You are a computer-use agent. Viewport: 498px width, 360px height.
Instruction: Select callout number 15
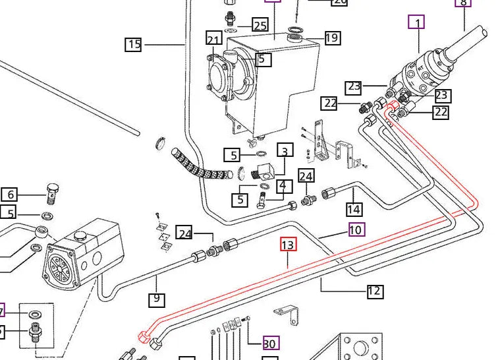point(134,44)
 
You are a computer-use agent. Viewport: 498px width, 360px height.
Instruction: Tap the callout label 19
point(332,38)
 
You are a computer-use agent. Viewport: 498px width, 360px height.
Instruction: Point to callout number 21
point(213,39)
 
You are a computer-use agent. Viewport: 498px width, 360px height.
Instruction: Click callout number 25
point(260,26)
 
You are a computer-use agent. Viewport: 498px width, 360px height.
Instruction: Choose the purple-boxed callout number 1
point(416,22)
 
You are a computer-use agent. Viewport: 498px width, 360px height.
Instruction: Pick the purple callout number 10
point(356,230)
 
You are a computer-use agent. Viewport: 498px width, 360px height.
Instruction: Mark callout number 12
point(375,290)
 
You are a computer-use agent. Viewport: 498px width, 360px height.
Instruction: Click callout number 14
point(354,210)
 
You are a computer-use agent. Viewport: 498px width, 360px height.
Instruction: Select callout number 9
point(156,299)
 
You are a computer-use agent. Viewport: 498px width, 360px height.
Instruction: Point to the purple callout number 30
point(269,343)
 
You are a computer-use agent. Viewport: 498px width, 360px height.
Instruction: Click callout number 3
point(285,151)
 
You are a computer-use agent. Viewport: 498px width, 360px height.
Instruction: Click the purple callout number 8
point(464,3)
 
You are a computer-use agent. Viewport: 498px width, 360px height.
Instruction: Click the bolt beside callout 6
point(53,193)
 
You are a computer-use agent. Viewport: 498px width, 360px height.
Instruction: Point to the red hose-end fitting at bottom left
point(144,336)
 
